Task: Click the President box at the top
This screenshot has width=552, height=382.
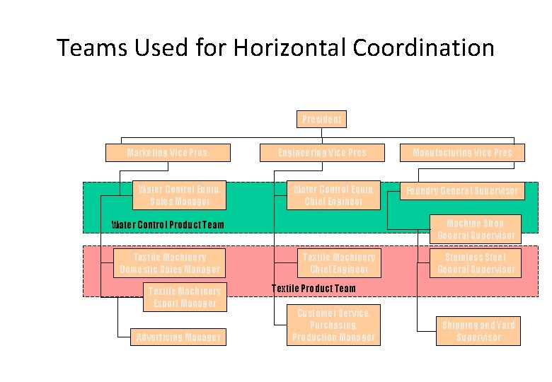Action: coord(321,119)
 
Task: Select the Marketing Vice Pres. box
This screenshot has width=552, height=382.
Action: coord(168,153)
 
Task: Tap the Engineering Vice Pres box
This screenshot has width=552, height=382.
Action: coord(322,153)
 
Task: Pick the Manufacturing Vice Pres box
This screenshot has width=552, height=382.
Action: coord(462,153)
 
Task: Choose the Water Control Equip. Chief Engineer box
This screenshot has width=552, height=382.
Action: coord(333,195)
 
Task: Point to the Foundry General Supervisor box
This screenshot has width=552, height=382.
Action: coord(461,191)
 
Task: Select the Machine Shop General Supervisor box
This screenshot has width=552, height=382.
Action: coord(476,229)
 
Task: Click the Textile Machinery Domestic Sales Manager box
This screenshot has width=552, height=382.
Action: coord(170,263)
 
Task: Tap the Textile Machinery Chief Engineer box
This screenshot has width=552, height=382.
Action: coord(339,263)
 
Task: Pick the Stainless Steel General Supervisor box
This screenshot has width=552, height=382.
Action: coord(476,263)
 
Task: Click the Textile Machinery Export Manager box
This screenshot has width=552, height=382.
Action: coord(185,297)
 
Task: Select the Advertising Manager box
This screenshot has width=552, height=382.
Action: coord(178,337)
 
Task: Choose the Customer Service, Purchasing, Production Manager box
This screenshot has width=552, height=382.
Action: coord(333,325)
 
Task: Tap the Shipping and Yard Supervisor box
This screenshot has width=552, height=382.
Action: coord(478,331)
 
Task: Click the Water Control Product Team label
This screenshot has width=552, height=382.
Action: coord(168,226)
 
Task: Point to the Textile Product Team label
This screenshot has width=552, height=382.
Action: coord(314,289)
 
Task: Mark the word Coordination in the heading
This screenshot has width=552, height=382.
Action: coord(420,48)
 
